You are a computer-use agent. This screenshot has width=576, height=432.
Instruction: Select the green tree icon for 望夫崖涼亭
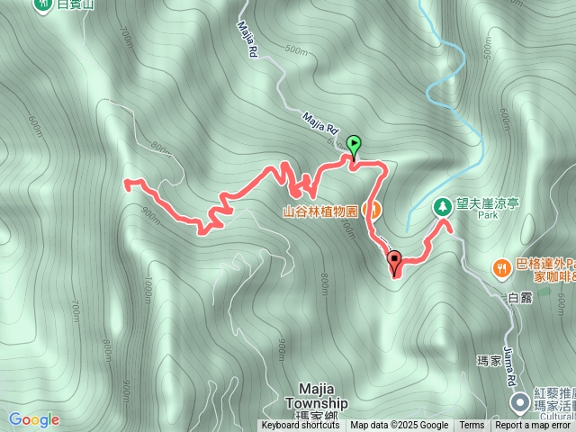443,207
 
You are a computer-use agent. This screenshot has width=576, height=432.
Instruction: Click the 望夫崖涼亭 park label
487,204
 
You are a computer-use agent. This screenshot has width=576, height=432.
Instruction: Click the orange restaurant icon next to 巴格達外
502,267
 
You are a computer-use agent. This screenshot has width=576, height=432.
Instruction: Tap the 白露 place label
520,299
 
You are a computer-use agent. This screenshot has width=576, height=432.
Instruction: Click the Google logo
34,419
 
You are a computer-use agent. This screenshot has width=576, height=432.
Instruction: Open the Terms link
472,426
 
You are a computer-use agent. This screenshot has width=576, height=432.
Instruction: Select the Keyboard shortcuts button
300,426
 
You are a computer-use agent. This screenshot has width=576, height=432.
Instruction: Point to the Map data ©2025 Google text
399,426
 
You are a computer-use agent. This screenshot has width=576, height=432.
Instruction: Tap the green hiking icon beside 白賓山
43,5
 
